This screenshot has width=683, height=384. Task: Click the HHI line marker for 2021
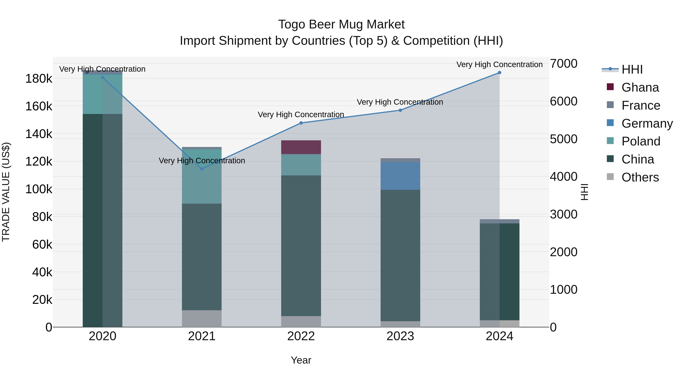point(202,169)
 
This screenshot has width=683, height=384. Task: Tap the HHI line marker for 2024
point(500,73)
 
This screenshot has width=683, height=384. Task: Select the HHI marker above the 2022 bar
point(301,123)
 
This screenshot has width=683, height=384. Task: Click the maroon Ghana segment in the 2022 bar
point(301,147)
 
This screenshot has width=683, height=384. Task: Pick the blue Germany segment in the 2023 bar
point(400,176)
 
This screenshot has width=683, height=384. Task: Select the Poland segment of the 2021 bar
point(202,176)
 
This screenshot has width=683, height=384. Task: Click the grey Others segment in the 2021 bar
point(202,319)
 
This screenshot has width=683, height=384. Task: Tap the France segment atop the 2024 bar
point(500,221)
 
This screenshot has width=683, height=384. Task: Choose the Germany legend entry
point(647,123)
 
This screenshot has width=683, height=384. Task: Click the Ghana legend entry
point(640,87)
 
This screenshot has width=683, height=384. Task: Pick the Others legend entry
point(640,177)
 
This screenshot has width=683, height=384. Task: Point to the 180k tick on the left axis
point(39,79)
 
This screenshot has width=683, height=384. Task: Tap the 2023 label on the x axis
point(400,336)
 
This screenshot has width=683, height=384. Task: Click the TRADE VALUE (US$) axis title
point(6,192)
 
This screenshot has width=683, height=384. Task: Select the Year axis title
point(301,360)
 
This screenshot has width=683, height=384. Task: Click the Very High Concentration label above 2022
point(301,115)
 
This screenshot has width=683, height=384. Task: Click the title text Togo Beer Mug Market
point(341,24)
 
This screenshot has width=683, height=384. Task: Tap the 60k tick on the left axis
point(42,245)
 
